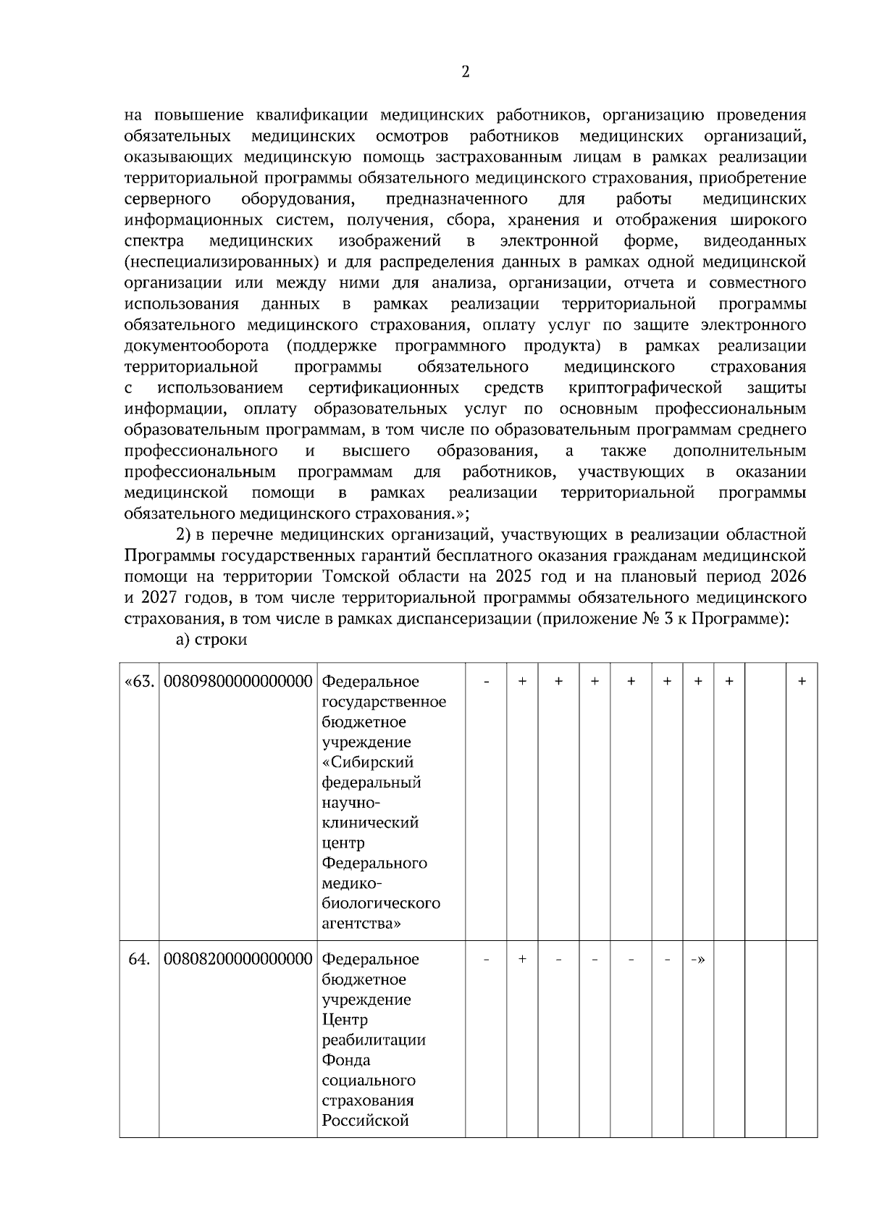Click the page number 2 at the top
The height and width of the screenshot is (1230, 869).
[465, 72]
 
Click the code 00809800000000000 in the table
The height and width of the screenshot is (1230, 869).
[238, 682]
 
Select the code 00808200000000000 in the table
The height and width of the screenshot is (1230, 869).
[238, 959]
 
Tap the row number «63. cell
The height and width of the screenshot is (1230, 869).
[139, 682]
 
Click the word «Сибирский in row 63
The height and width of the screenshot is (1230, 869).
[368, 763]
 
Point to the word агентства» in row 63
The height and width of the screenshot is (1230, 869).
[362, 924]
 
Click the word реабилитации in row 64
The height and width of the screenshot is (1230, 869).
[374, 1040]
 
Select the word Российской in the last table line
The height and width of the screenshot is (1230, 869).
[366, 1121]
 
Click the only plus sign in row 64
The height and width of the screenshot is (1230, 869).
[522, 959]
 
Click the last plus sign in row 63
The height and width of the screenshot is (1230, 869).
[802, 682]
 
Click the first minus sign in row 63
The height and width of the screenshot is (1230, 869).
[487, 682]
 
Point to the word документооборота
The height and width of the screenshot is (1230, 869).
[196, 346]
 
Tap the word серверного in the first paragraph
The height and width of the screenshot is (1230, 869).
[167, 199]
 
